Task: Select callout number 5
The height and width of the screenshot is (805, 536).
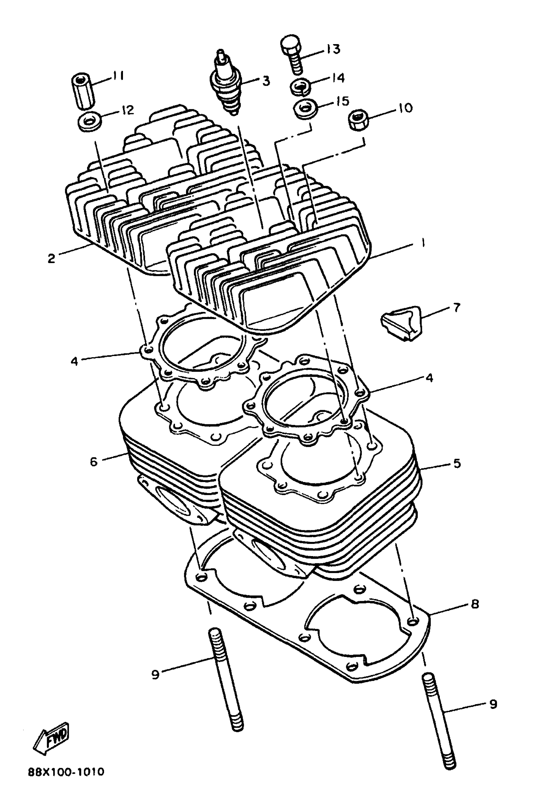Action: (457, 463)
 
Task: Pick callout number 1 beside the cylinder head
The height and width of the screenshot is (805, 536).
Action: (423, 243)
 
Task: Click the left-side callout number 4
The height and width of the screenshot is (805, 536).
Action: (74, 361)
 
